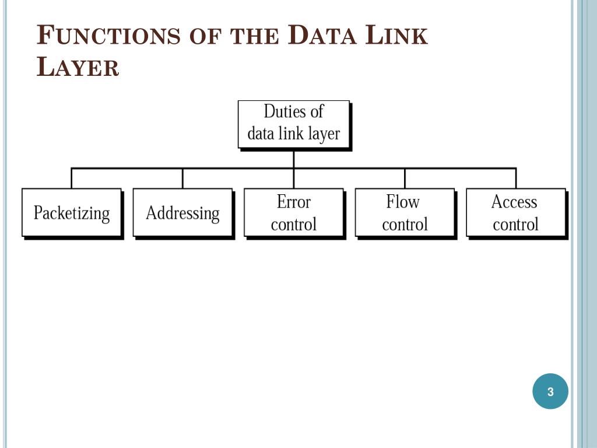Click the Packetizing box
(72, 212)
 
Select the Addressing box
(182, 212)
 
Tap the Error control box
(294, 212)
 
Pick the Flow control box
(405, 212)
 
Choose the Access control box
(515, 212)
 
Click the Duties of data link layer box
(294, 124)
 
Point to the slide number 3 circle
(550, 391)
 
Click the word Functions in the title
(108, 36)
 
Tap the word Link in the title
(396, 36)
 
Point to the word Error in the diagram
(294, 202)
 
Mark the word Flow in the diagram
(403, 202)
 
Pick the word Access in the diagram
(514, 202)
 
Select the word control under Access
(515, 224)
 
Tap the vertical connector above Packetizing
(72, 178)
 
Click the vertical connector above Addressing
(182, 178)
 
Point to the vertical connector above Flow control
(405, 178)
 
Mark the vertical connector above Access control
(515, 178)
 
